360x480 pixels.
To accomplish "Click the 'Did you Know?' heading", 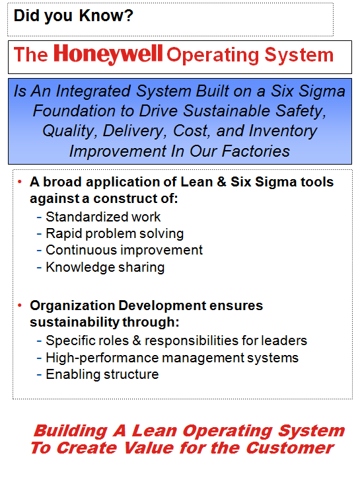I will [x=73, y=16].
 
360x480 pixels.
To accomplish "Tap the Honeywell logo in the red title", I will [x=109, y=54].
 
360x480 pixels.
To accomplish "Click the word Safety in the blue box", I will [x=306, y=110].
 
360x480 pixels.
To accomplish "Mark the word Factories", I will [x=258, y=151].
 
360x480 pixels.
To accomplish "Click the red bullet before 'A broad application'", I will [x=20, y=181].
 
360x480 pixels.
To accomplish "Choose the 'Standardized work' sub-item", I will [x=103, y=216].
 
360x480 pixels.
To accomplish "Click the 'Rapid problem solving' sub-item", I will [x=114, y=233].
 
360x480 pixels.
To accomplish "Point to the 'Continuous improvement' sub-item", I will [x=124, y=250].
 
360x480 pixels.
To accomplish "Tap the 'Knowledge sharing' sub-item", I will [x=105, y=267].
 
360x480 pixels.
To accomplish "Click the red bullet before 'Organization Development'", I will [x=20, y=305].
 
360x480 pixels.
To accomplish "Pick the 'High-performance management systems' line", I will [x=172, y=358].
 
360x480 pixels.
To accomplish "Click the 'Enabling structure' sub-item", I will [x=102, y=374].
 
